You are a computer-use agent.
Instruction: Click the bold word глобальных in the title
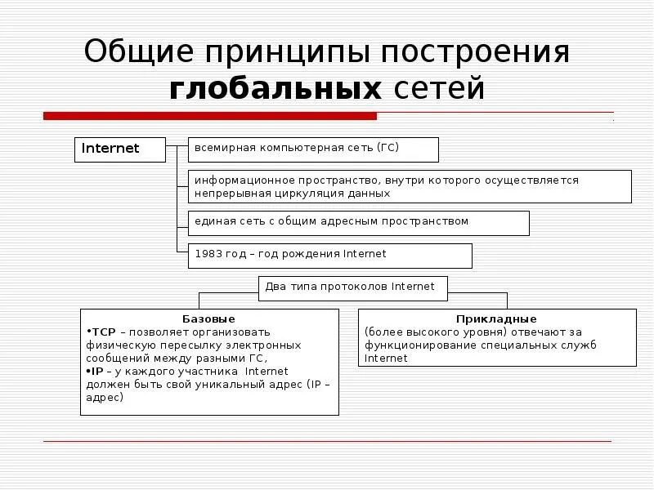(x=275, y=89)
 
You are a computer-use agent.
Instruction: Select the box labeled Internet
(x=119, y=149)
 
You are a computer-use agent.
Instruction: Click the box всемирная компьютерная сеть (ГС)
(x=314, y=149)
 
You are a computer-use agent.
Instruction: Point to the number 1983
(x=208, y=254)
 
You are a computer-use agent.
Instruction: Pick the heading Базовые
(x=208, y=318)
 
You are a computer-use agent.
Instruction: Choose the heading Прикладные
(x=497, y=318)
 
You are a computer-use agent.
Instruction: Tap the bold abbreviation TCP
(x=103, y=332)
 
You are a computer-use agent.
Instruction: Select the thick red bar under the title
(x=210, y=116)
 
